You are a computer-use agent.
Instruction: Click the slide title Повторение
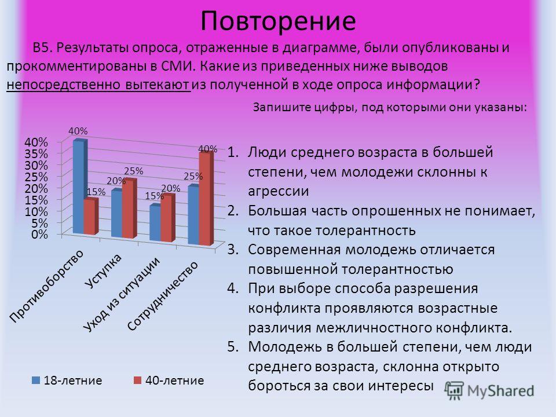coord(278,21)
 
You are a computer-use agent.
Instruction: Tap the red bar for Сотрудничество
coord(206,199)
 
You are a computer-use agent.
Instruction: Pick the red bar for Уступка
coord(129,209)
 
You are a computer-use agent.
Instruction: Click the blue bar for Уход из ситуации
coord(155,222)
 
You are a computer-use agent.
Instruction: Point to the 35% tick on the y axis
coord(36,154)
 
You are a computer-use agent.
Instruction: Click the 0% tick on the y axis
coord(39,235)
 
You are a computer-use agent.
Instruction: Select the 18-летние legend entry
coord(67,381)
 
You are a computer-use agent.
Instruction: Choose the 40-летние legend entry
coord(169,381)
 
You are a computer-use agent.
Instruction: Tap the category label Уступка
coord(104,270)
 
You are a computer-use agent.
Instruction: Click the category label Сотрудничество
coord(162,296)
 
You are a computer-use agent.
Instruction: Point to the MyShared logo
coord(489,391)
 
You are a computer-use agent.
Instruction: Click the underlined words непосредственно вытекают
coord(98,85)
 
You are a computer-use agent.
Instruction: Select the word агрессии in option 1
coord(279,192)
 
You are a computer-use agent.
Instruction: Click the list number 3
coord(233,250)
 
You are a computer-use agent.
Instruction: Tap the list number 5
coord(233,347)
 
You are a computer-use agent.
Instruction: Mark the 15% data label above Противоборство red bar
coord(96,192)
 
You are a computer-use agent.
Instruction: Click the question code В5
coord(43,48)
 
